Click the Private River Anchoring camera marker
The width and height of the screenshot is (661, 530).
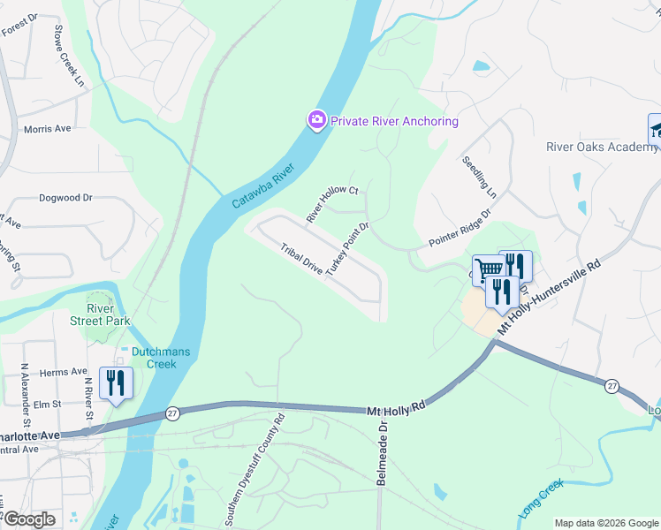(x=316, y=121)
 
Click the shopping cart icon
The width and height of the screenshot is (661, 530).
(x=489, y=269)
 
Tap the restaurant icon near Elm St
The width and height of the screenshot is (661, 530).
(x=116, y=382)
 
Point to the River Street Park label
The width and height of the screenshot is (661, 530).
(x=100, y=314)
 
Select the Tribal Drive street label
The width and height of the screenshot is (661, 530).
(x=301, y=259)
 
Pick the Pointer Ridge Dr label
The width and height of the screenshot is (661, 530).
(x=460, y=228)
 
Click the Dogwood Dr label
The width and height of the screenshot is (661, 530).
(x=65, y=198)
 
